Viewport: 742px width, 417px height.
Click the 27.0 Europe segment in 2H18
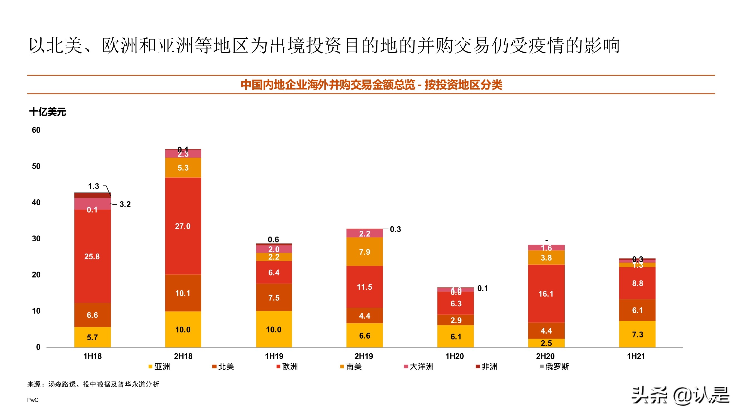pyautogui.click(x=183, y=226)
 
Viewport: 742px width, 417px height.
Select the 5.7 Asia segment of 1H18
pyautogui.click(x=92, y=337)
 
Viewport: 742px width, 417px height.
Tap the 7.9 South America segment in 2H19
pyautogui.click(x=364, y=252)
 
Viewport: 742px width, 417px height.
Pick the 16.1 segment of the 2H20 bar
pyautogui.click(x=546, y=294)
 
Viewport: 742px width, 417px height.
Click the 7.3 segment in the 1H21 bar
pyautogui.click(x=637, y=334)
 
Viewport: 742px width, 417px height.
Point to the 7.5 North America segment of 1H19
pyautogui.click(x=274, y=297)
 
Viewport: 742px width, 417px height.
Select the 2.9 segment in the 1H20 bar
pyautogui.click(x=456, y=320)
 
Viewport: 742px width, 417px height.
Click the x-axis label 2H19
pyautogui.click(x=364, y=356)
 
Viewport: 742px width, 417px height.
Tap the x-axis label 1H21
pyautogui.click(x=636, y=356)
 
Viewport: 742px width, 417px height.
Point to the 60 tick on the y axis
pyautogui.click(x=36, y=130)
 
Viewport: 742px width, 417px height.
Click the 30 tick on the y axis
pyautogui.click(x=36, y=239)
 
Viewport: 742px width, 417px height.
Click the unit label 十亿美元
pyautogui.click(x=48, y=112)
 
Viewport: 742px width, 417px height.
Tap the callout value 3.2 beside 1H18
pyautogui.click(x=125, y=204)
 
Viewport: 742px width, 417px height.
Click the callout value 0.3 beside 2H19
pyautogui.click(x=395, y=229)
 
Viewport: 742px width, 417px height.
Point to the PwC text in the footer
pyautogui.click(x=33, y=400)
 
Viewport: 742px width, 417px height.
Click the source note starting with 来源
pyautogui.click(x=93, y=384)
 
